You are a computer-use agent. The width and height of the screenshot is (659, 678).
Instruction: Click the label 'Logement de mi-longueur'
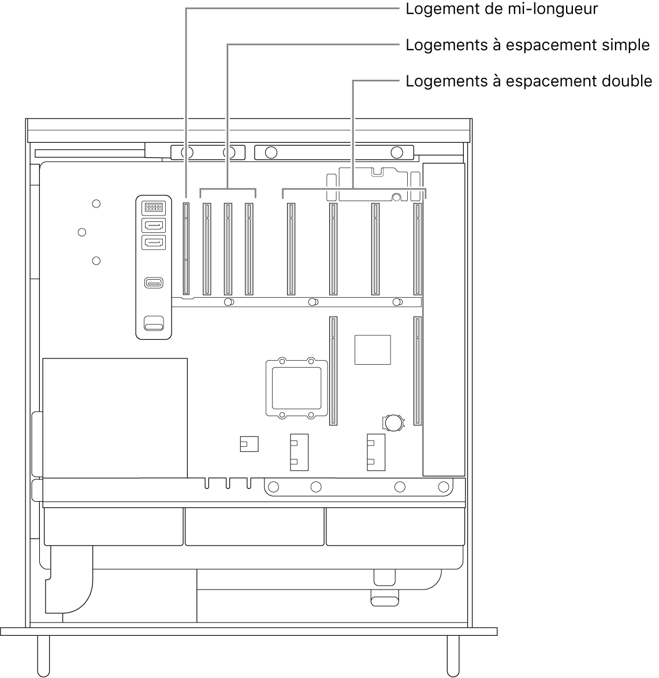(501, 10)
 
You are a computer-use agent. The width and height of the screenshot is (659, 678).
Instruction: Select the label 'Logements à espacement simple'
(527, 46)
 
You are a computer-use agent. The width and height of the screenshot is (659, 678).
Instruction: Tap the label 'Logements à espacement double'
(528, 81)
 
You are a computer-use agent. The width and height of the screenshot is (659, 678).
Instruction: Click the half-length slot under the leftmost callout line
(186, 249)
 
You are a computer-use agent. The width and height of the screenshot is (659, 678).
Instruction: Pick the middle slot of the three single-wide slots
(228, 249)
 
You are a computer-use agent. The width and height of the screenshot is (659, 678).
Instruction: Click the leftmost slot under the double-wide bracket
(291, 249)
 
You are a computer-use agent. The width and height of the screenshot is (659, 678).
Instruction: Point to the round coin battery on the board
(394, 423)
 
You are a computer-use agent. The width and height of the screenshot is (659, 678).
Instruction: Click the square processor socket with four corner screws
(294, 386)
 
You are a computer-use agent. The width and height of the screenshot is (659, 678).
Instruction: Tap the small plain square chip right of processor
(373, 349)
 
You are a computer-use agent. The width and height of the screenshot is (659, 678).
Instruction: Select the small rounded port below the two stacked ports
(154, 283)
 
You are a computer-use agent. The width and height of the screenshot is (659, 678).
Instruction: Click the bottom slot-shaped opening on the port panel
(154, 327)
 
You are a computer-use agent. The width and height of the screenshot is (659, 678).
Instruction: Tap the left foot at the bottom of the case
(44, 656)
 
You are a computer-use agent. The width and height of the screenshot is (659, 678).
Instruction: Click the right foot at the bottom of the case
(453, 656)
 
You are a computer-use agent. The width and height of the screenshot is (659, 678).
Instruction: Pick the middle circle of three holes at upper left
(82, 232)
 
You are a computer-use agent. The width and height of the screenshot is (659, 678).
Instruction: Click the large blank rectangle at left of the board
(115, 417)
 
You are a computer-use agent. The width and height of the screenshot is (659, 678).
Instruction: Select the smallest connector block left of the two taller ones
(248, 444)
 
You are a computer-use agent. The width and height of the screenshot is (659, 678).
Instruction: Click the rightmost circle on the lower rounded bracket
(443, 487)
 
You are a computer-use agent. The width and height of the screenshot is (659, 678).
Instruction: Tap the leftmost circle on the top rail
(187, 153)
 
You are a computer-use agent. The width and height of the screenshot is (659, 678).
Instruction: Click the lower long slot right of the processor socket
(333, 371)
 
